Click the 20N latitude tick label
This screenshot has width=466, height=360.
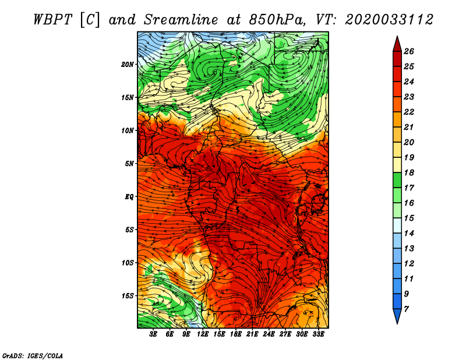pos(128,64)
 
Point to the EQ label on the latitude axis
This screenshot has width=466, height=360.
pos(129,197)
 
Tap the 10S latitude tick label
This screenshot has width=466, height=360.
pos(128,263)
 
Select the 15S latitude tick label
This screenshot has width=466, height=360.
pos(128,296)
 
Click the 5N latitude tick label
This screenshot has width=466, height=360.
pos(129,164)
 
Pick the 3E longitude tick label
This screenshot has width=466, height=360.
pos(154,334)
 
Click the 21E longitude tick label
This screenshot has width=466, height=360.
pos(252,334)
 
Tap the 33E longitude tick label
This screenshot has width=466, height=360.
pos(318,334)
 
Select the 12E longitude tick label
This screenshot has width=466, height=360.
pos(203,334)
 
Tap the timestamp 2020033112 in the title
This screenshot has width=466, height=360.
pos(389,19)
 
